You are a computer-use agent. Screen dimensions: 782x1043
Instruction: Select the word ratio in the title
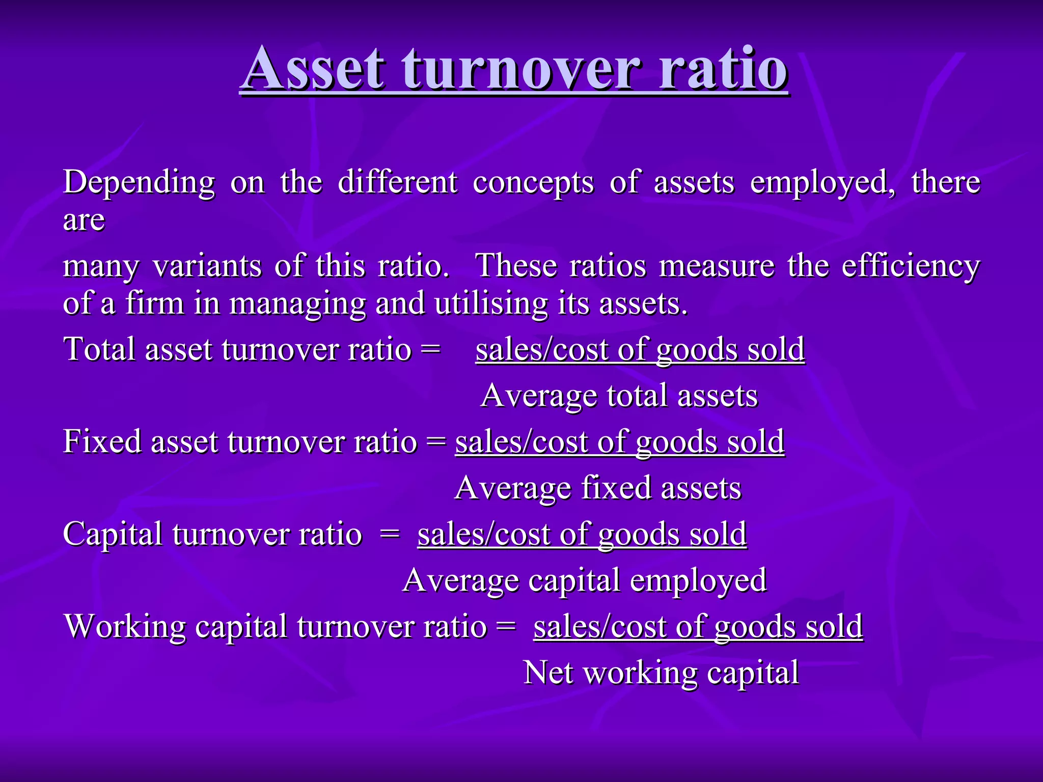click(723, 69)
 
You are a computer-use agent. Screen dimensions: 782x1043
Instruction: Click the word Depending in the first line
click(139, 183)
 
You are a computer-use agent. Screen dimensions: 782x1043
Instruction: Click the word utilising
click(490, 304)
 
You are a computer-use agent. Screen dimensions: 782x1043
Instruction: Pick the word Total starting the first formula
click(99, 350)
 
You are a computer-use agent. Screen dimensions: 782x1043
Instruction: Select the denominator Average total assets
click(619, 396)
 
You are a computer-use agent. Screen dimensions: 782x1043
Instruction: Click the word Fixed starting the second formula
click(102, 441)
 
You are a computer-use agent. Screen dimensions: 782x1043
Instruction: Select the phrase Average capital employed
click(584, 581)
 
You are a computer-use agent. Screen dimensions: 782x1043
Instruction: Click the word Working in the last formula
click(125, 627)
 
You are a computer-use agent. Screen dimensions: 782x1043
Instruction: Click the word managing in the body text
click(297, 304)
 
